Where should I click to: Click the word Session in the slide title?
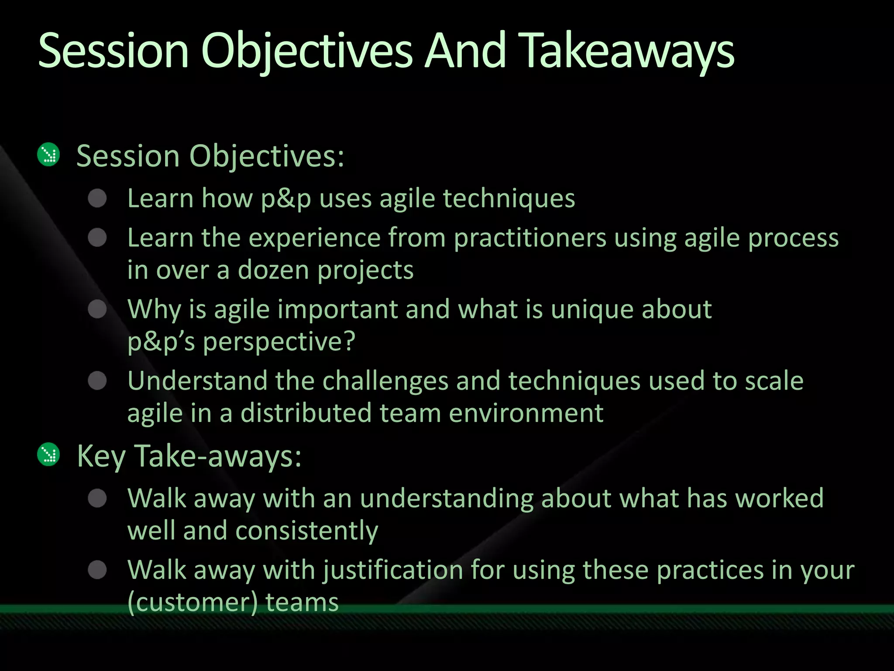(x=113, y=52)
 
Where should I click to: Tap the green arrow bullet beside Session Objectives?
(x=48, y=154)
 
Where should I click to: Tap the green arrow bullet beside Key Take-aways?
(x=48, y=454)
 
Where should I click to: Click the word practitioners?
(x=530, y=239)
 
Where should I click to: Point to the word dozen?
(x=273, y=270)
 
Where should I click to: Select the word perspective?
(x=279, y=342)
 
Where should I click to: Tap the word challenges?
(x=385, y=381)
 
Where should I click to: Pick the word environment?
(x=526, y=413)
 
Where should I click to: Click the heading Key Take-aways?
(x=189, y=456)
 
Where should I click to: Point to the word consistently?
(x=307, y=531)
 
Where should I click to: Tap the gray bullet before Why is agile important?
(x=97, y=309)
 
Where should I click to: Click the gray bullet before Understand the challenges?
(x=97, y=380)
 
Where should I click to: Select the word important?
(x=337, y=309)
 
